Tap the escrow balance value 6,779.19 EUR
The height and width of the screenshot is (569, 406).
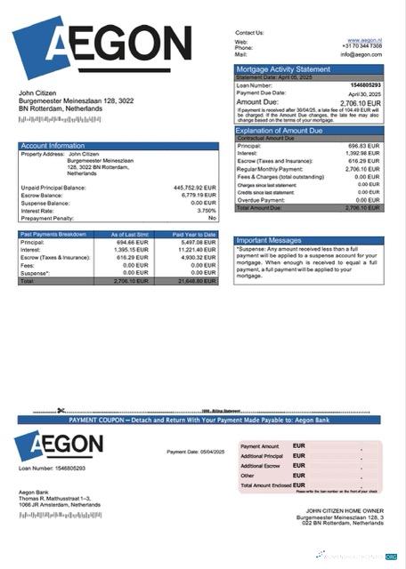pyautogui.click(x=199, y=195)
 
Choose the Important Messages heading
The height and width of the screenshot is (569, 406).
pyautogui.click(x=271, y=240)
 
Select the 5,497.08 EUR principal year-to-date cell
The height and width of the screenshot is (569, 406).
pyautogui.click(x=198, y=242)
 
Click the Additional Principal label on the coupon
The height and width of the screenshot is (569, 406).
pyautogui.click(x=261, y=455)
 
